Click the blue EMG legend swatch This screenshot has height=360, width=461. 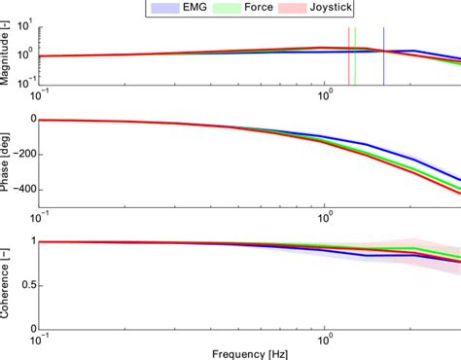pyautogui.click(x=162, y=8)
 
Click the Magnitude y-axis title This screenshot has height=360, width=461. pyautogui.click(x=7, y=54)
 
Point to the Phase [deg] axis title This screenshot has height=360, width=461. pyautogui.click(x=7, y=160)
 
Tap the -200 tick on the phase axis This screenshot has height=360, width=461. pyautogui.click(x=23, y=154)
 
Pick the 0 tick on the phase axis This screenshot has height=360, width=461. pyautogui.click(x=32, y=120)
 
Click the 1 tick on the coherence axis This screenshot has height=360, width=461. pyautogui.click(x=32, y=241)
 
